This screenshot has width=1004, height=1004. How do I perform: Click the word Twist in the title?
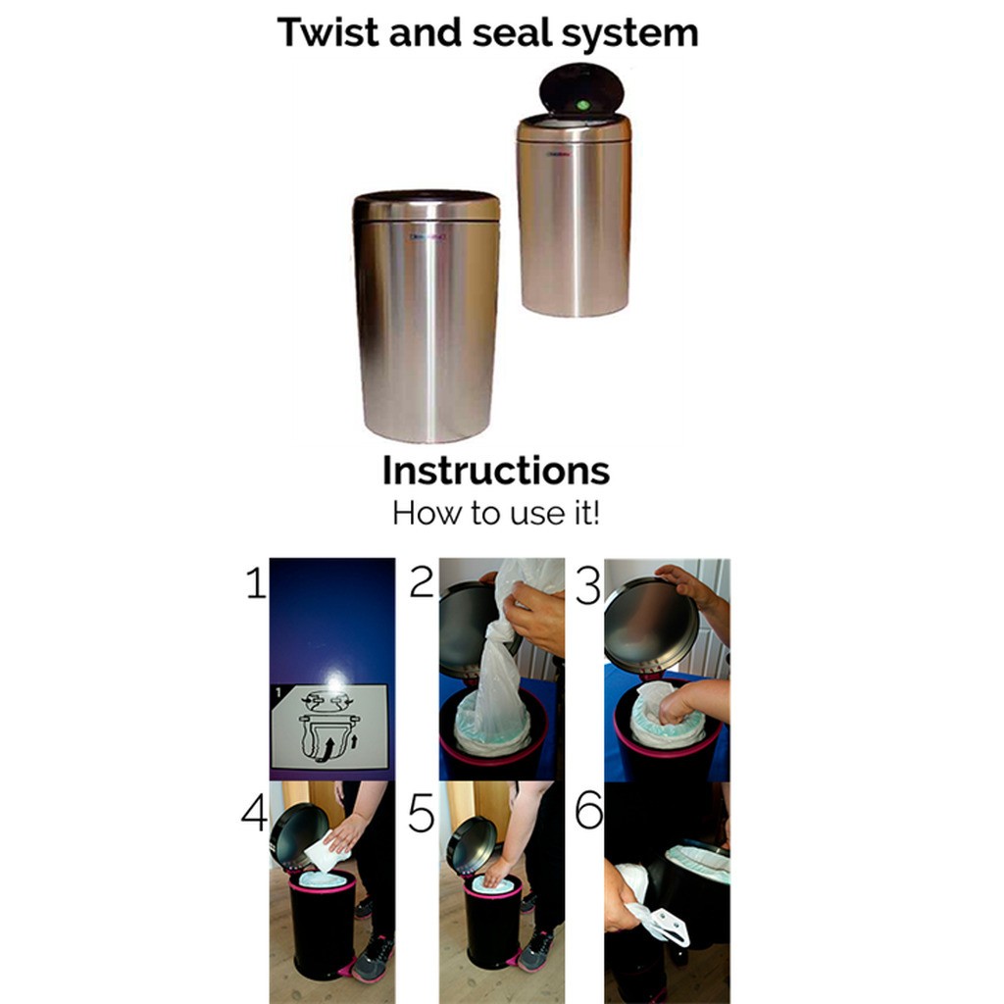[327, 32]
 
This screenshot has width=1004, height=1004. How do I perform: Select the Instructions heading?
[495, 471]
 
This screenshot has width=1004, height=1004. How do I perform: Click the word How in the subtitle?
[427, 513]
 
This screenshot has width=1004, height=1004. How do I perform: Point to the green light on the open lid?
[582, 105]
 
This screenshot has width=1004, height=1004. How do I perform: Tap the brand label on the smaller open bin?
[560, 154]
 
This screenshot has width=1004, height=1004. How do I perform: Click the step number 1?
[256, 583]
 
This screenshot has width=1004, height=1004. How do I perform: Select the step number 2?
[422, 582]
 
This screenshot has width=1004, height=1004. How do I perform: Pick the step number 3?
[588, 586]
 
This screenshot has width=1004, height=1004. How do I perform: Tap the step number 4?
[254, 813]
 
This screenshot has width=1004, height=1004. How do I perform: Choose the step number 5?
[422, 814]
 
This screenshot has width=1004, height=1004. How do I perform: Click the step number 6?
[589, 809]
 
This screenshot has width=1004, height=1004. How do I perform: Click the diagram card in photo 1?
[329, 727]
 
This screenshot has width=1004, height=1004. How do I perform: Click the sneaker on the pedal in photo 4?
[372, 958]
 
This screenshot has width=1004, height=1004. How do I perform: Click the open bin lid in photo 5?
[472, 844]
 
